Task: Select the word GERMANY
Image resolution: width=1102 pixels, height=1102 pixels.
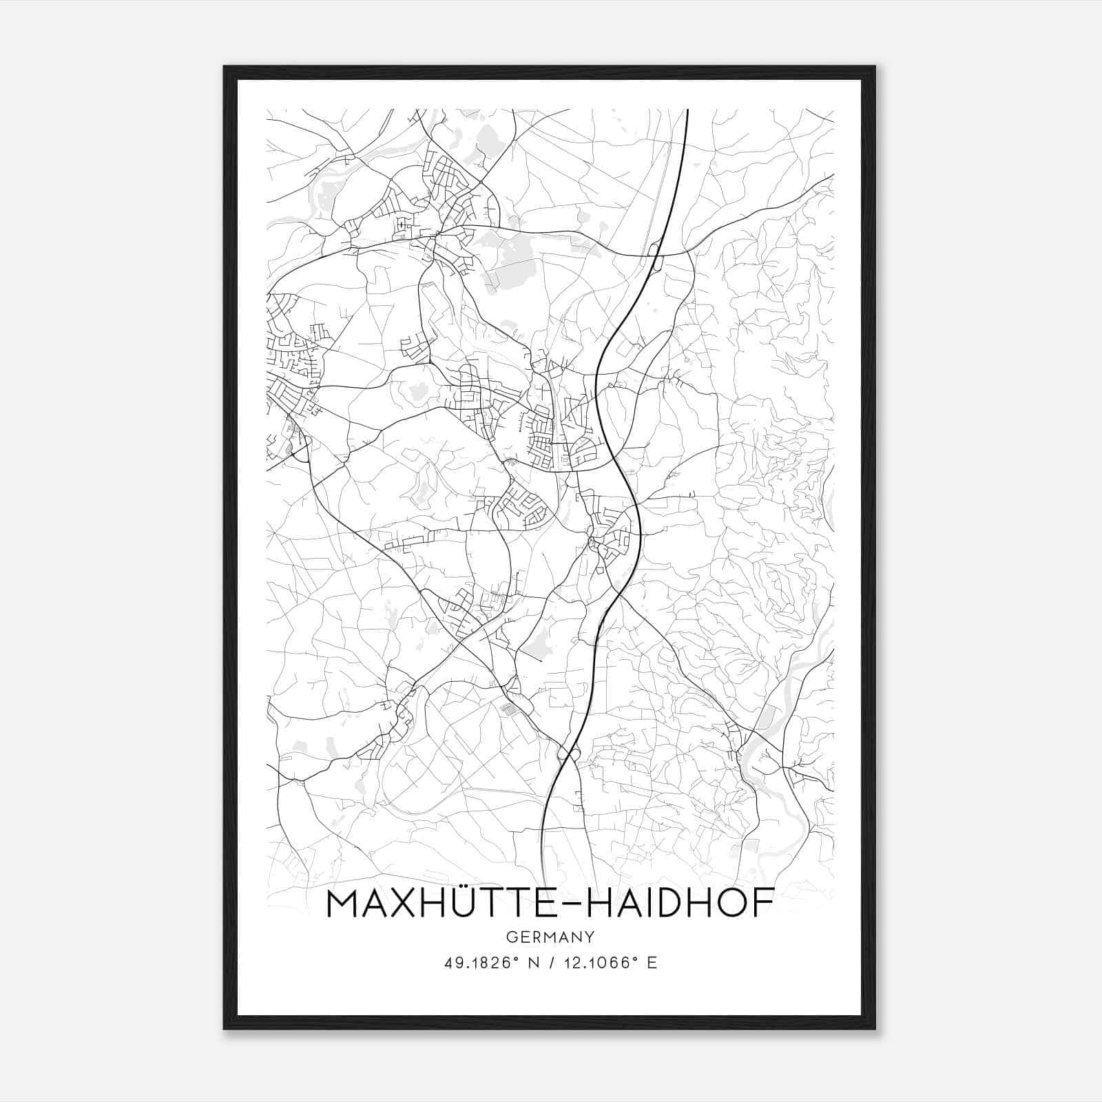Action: tap(550, 937)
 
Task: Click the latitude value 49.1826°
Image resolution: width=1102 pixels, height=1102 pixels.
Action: tap(481, 963)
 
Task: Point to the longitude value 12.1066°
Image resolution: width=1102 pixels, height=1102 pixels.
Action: tap(597, 963)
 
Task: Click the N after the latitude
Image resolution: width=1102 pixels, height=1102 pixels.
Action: tap(533, 963)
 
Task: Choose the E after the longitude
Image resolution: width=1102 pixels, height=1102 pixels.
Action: tap(652, 963)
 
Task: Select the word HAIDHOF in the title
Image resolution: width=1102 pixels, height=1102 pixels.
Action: tap(678, 905)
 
